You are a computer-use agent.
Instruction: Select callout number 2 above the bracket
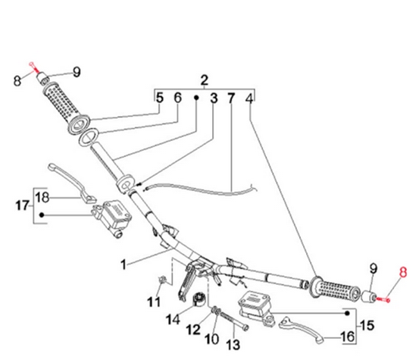pyautogui.click(x=204, y=80)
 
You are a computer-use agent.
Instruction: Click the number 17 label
pyautogui.click(x=23, y=205)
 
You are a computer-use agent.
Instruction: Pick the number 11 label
pyautogui.click(x=155, y=303)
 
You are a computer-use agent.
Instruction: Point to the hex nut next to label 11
pyautogui.click(x=162, y=283)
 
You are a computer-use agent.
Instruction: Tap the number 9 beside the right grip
pyautogui.click(x=372, y=268)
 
